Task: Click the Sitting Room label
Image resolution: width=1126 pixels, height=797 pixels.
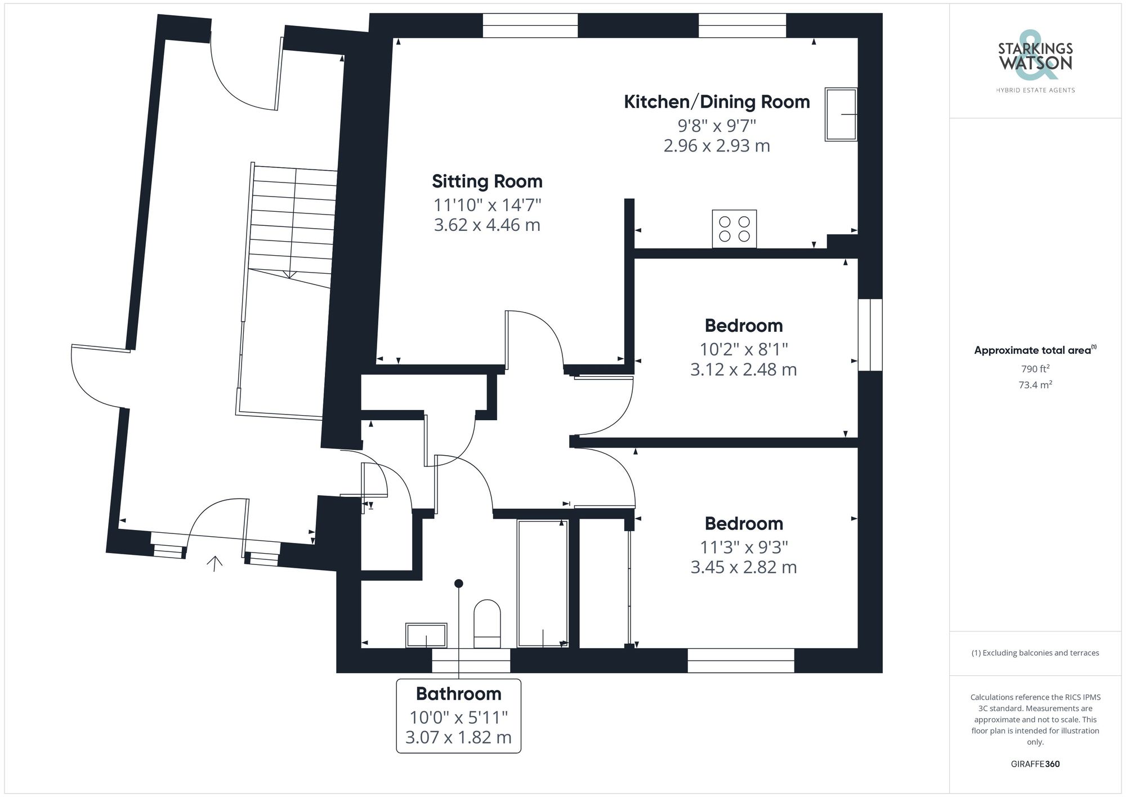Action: tap(487, 181)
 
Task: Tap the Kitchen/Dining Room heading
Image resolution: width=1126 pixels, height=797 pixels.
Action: tap(717, 102)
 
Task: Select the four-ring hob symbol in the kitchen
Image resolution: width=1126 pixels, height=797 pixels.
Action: tap(734, 229)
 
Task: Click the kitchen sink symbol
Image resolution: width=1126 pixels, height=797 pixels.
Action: tap(841, 114)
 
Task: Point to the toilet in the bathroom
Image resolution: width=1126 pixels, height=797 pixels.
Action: tap(487, 624)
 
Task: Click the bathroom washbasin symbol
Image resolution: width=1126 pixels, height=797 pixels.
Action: tap(426, 635)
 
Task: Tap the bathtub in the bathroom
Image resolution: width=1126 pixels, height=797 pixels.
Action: tap(542, 583)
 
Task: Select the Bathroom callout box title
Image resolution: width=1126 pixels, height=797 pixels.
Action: tap(458, 694)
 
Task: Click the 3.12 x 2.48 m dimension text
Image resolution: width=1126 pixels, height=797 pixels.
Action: tap(743, 370)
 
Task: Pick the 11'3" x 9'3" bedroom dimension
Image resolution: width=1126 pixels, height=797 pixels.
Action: tap(743, 547)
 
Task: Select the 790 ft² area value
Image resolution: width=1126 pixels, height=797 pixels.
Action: tap(1035, 369)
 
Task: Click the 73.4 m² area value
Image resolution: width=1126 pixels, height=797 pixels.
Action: tap(1035, 385)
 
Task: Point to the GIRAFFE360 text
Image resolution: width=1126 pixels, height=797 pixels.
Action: tap(1035, 764)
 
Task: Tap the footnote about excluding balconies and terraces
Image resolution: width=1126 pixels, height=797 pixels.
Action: tap(1035, 653)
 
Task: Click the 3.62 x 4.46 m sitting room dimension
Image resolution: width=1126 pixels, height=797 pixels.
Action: tap(487, 225)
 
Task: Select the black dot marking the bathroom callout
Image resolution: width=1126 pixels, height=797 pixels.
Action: tap(459, 584)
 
